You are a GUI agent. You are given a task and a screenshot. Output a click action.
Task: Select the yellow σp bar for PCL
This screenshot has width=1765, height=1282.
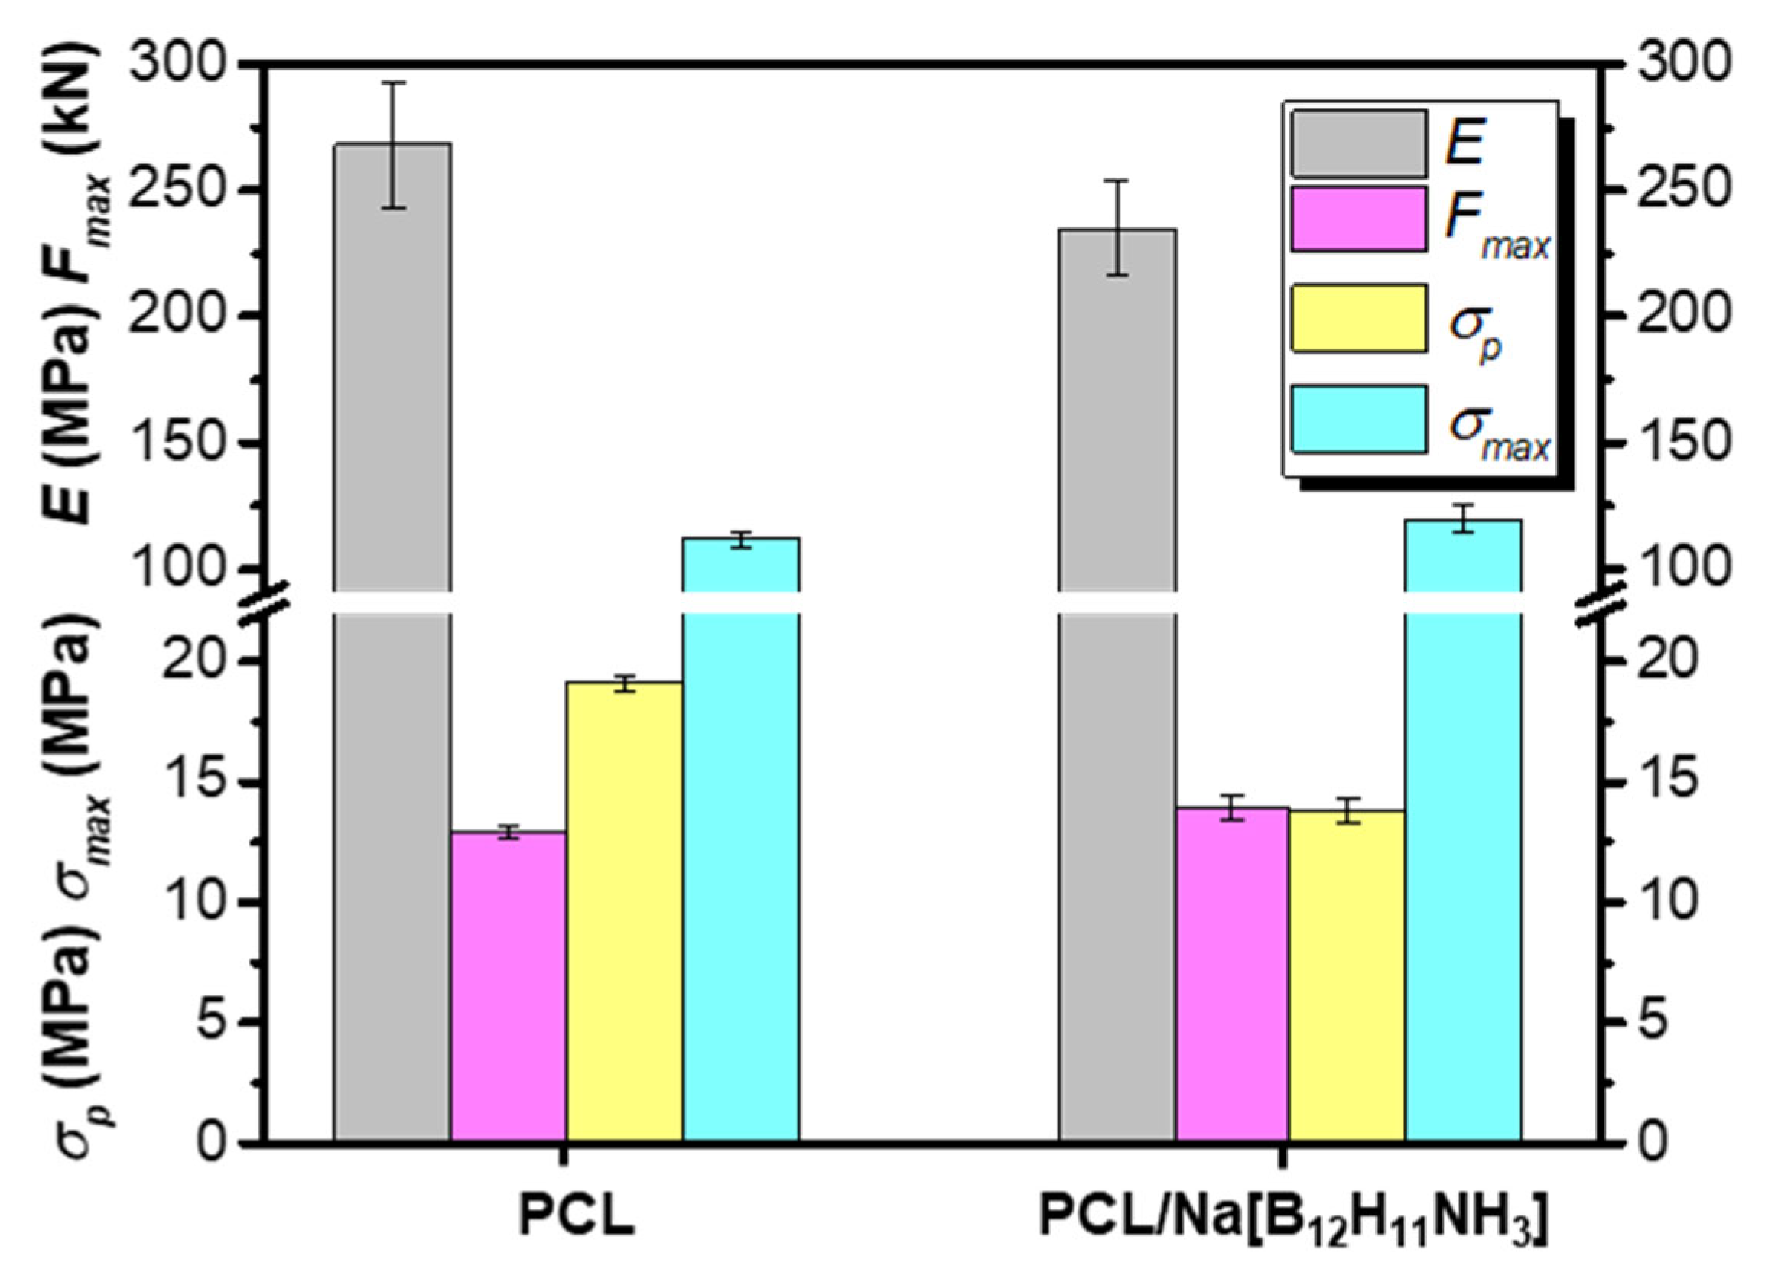click(624, 910)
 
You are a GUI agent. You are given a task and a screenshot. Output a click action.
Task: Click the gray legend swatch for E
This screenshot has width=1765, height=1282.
click(1359, 144)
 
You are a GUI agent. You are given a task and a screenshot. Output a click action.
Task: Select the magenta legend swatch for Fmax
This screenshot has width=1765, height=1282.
click(1359, 219)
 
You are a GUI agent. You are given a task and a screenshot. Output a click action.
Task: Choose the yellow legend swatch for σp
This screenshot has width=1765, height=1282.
click(1359, 318)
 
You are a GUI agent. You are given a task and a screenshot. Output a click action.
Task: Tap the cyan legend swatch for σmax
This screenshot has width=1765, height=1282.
click(1359, 418)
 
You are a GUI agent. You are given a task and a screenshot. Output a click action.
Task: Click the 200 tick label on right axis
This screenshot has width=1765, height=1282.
click(1680, 315)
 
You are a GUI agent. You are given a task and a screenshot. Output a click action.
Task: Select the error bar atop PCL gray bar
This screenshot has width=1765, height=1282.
click(394, 144)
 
